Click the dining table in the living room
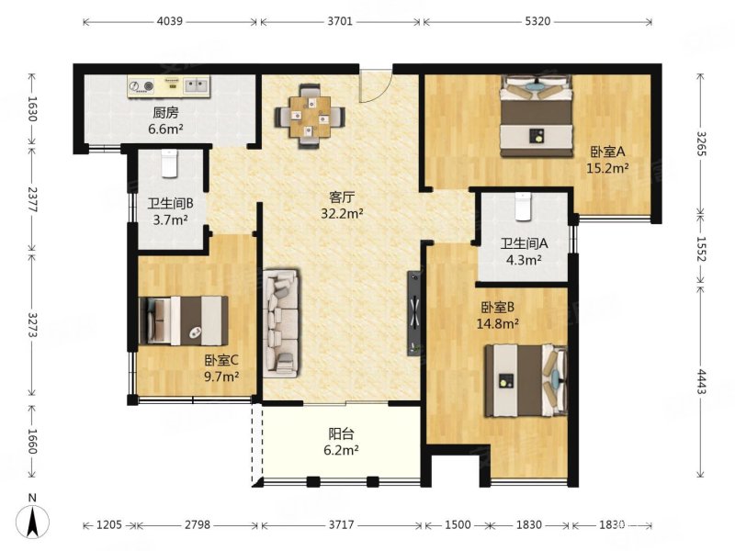point(310,117)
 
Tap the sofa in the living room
point(281,323)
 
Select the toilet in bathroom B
point(169,163)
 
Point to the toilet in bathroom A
point(523,206)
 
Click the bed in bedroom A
point(537,116)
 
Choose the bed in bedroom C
point(184,320)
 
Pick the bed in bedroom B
point(526,381)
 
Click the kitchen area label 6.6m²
point(166,129)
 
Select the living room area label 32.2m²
point(342,213)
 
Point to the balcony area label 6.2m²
point(341,450)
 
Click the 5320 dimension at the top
point(537,21)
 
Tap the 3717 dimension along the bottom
point(341,524)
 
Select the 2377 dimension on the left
point(32,200)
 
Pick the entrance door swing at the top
point(375,85)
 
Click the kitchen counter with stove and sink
point(169,86)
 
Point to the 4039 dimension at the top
point(170,21)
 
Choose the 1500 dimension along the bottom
point(458,524)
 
